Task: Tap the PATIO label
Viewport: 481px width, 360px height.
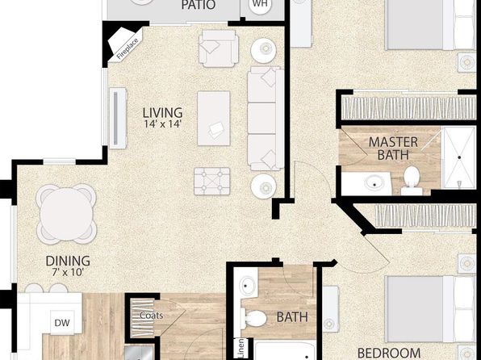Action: tap(199, 5)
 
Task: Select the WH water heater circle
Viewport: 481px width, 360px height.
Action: tap(260, 5)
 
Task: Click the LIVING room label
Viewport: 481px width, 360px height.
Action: tap(162, 113)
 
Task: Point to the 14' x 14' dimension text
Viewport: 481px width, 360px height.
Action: tap(163, 124)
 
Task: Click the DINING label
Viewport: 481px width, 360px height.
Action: tap(68, 261)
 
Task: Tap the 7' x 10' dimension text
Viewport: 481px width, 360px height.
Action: tap(68, 272)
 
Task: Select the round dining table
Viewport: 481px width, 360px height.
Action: tap(66, 214)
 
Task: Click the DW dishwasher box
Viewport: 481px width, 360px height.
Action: tap(62, 322)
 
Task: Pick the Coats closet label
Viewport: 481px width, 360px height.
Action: tap(151, 316)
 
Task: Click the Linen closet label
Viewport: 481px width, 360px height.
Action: tap(240, 348)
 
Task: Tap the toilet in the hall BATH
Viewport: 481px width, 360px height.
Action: tap(253, 319)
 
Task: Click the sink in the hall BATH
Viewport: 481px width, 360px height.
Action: tap(247, 286)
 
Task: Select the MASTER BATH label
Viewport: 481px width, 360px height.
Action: tap(393, 149)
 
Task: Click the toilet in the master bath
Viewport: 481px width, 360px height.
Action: tap(412, 181)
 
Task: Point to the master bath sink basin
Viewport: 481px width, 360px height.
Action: tap(374, 183)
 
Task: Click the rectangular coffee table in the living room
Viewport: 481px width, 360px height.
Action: tap(214, 118)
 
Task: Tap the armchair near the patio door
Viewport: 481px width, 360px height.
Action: tap(219, 48)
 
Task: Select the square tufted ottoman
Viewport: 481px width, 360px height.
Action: tap(212, 181)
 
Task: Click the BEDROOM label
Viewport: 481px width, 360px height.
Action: tap(389, 353)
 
